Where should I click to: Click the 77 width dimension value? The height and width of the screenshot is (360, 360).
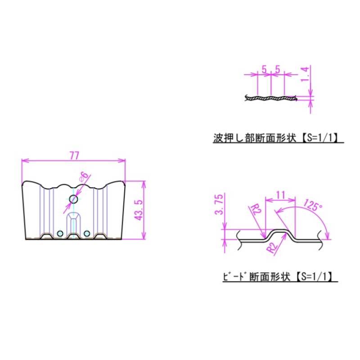click(74, 156)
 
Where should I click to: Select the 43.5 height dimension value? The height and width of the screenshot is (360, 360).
click(139, 210)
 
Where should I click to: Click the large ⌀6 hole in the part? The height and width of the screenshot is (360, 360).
click(73, 199)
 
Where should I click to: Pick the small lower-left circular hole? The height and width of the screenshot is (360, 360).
click(60, 234)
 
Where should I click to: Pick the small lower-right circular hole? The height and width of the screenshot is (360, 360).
click(86, 234)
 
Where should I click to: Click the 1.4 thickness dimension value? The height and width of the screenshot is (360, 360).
click(305, 74)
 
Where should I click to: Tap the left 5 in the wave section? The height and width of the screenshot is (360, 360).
click(265, 69)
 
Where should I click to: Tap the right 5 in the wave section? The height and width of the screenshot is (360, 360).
click(278, 69)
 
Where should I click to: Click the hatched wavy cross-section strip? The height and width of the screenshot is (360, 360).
click(271, 98)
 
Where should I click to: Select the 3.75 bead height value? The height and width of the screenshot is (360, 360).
click(219, 204)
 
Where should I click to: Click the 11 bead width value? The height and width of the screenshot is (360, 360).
click(280, 195)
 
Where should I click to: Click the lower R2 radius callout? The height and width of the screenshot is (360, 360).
click(273, 247)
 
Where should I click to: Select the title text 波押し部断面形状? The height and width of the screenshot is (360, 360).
click(255, 139)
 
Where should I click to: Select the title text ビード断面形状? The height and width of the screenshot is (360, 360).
click(256, 277)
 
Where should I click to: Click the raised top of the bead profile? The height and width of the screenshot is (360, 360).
click(280, 231)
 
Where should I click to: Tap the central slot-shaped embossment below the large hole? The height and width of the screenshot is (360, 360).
click(73, 225)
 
